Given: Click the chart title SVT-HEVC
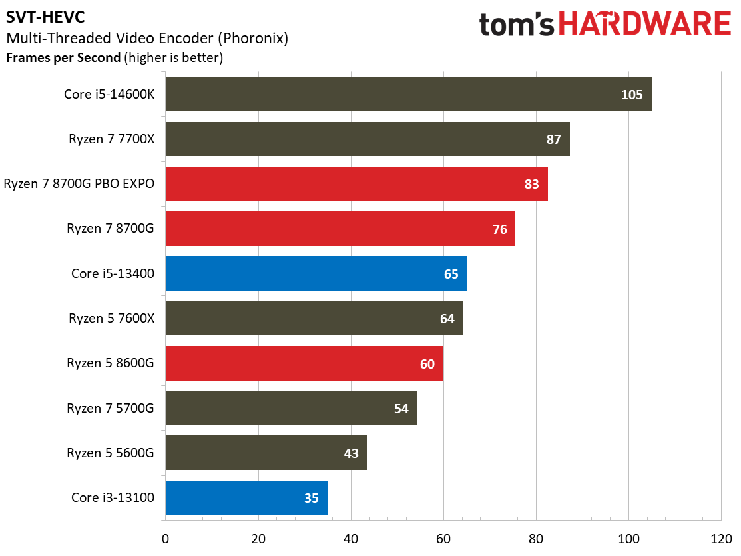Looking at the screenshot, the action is point(45,17).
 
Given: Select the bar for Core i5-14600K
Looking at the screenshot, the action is point(408,94).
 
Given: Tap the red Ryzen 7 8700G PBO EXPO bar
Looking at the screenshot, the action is point(356,183).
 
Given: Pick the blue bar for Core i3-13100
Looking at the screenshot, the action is point(246,498).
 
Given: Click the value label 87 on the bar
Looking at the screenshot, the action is point(553,139).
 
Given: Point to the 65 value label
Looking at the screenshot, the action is point(451,274).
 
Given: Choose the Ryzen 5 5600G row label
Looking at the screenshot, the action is point(110,453).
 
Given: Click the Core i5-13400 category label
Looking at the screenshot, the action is point(113,273).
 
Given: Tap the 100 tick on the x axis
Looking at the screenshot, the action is point(628,539).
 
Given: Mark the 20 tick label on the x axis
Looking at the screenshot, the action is point(258,539).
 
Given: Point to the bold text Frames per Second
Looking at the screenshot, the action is point(63,58).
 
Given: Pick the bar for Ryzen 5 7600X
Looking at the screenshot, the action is point(314,319).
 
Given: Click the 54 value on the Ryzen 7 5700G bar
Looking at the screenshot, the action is point(401,409).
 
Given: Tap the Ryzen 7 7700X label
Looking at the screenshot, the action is point(112,139).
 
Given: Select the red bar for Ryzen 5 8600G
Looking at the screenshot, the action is point(304,363).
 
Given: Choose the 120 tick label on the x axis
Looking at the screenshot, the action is point(721,539).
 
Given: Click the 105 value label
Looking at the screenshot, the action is point(632,95).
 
